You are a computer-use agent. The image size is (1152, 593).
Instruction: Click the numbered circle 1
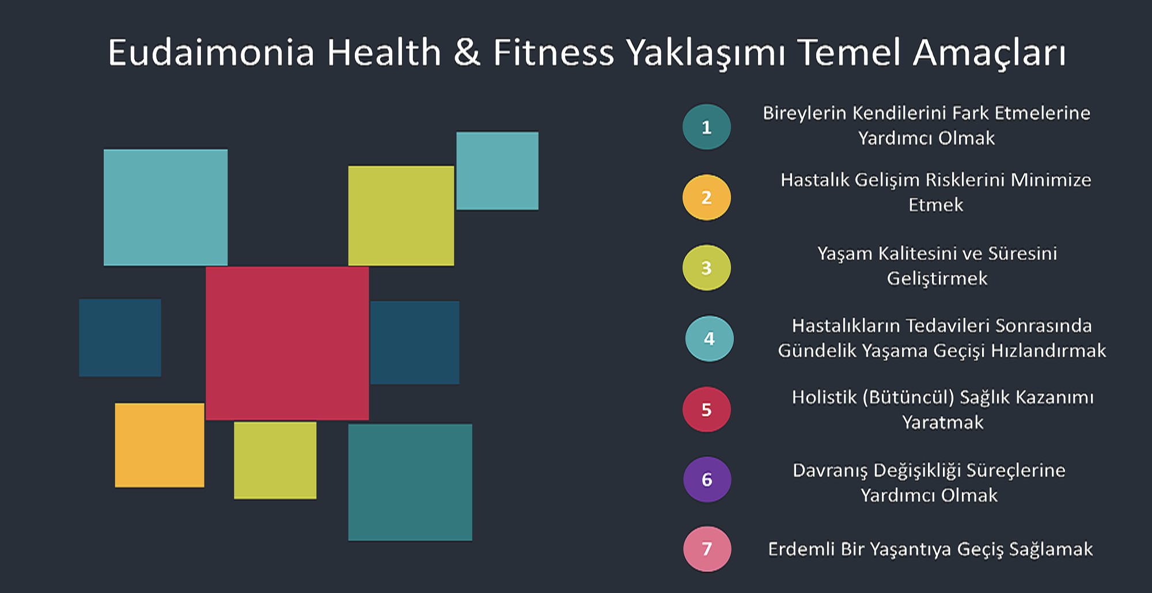(707, 127)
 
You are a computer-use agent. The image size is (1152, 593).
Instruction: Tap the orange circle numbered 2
(707, 197)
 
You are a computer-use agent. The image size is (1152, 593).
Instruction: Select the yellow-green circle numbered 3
(707, 268)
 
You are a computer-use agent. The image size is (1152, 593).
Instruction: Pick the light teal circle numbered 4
(709, 339)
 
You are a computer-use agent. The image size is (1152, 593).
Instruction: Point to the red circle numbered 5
(707, 409)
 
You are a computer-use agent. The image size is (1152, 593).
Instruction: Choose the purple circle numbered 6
(707, 480)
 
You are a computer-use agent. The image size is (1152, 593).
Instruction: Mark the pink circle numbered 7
(707, 549)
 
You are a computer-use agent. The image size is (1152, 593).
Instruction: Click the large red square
(287, 343)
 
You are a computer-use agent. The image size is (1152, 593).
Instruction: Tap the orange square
(160, 445)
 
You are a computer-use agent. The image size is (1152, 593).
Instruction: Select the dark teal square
(410, 482)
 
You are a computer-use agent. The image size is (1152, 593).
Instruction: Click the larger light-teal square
(165, 207)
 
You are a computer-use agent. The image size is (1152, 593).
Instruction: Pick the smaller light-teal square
(498, 171)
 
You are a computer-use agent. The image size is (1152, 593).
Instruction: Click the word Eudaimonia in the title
(211, 52)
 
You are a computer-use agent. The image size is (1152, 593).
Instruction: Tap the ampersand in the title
(467, 52)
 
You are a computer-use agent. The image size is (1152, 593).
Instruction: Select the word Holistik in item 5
(824, 397)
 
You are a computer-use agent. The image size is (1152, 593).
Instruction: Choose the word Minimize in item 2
(1051, 180)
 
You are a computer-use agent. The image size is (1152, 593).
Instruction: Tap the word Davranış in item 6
(830, 471)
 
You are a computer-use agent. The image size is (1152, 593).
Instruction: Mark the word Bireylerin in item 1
(805, 113)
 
